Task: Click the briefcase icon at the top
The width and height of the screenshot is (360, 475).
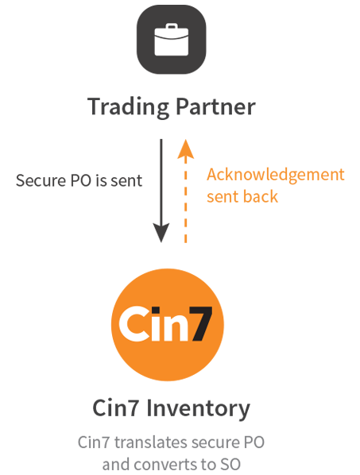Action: [x=171, y=40]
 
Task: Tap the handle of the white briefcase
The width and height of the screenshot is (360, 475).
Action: [x=172, y=27]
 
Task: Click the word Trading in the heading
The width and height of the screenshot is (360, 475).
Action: [x=128, y=107]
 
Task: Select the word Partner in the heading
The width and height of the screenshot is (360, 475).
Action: [x=215, y=106]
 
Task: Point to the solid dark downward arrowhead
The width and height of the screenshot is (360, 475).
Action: [x=161, y=233]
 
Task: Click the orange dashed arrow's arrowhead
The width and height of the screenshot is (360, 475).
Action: [x=185, y=149]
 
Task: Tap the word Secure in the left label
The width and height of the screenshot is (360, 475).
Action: [x=41, y=180]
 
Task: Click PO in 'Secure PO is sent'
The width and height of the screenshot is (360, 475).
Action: [x=81, y=180]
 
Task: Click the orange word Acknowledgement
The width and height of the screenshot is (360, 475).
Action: [x=276, y=175]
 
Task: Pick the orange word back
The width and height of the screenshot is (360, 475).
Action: [x=261, y=196]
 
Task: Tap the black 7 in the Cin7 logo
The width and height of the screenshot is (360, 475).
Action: [x=201, y=324]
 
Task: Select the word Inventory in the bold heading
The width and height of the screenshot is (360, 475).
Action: [x=199, y=409]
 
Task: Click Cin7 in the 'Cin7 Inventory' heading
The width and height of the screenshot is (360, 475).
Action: [x=115, y=408]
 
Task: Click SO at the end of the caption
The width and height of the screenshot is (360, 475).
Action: [x=230, y=465]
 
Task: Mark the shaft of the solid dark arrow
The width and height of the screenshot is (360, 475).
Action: [x=161, y=182]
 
